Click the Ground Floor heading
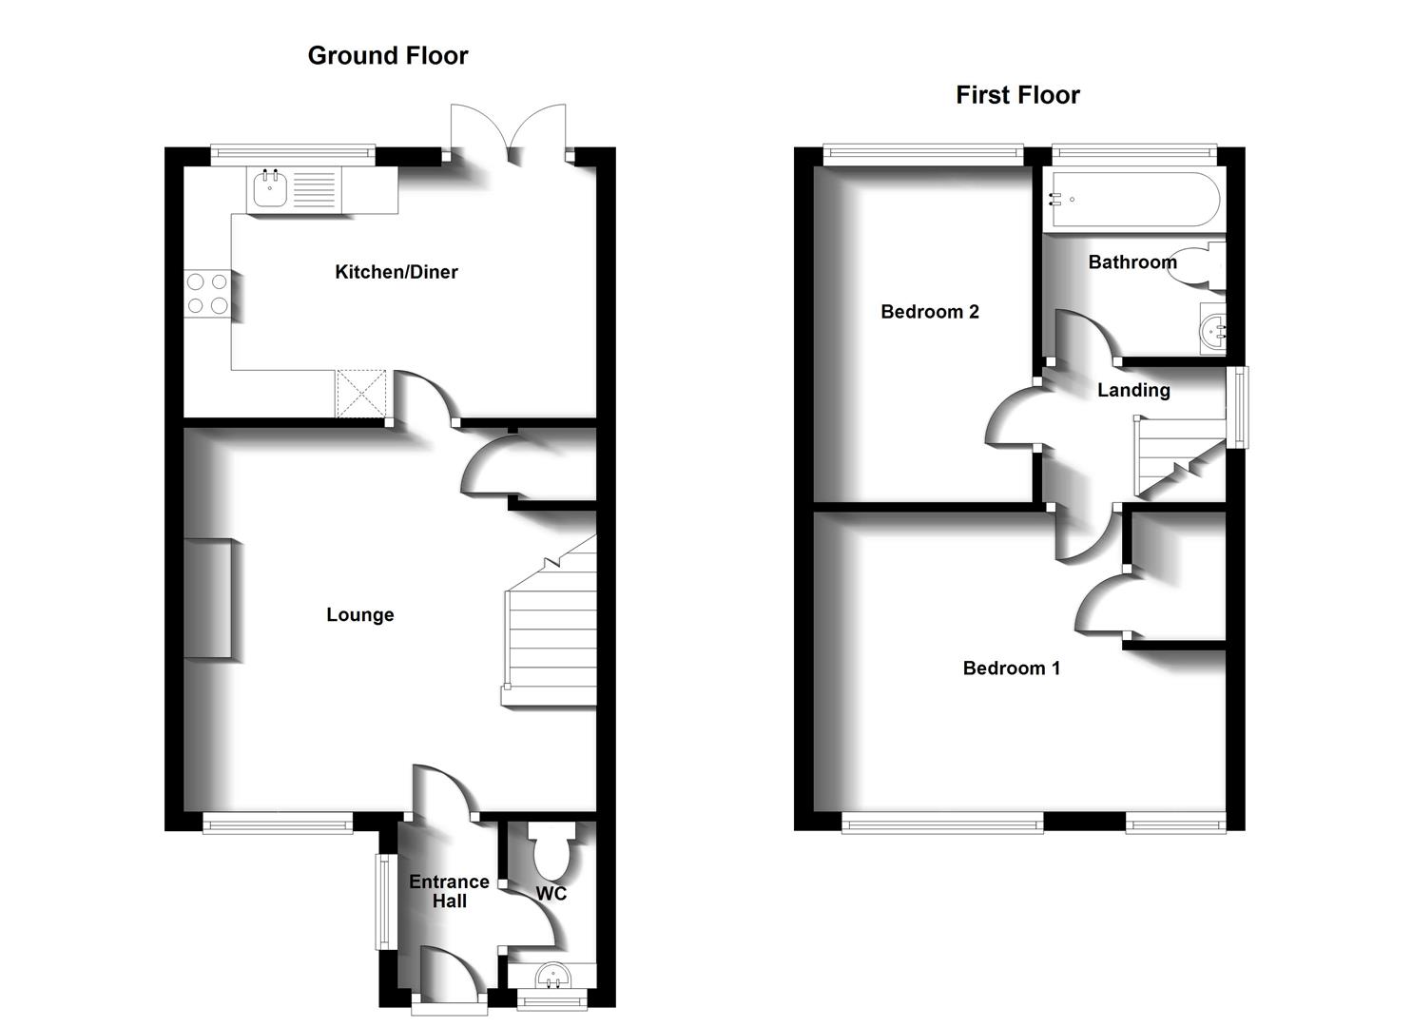point(387,56)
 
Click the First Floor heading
point(1017,95)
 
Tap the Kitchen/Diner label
point(396,272)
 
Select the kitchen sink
point(270,190)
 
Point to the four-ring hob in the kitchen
point(207,293)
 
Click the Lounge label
point(359,615)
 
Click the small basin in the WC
point(551,976)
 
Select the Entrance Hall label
point(449,891)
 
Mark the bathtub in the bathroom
point(1131,200)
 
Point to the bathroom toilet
point(1204,265)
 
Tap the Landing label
point(1132,390)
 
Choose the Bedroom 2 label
point(929,312)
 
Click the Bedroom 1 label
point(1011,669)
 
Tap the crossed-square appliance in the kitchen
point(361,394)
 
